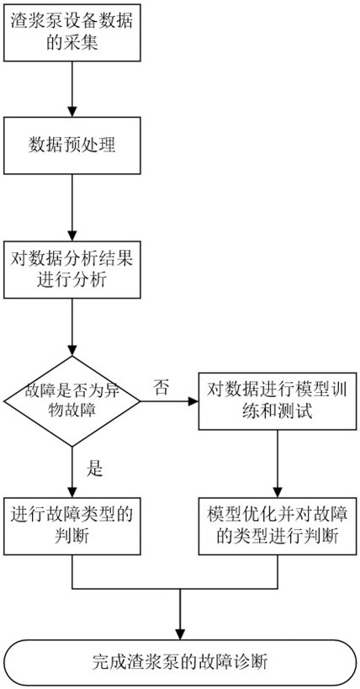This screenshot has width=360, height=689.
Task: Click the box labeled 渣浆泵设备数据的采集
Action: coord(72,32)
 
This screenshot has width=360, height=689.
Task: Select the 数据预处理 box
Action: coord(72,145)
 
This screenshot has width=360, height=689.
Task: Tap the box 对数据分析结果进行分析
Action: coord(72,269)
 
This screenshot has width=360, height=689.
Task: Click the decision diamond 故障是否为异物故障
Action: coord(71,401)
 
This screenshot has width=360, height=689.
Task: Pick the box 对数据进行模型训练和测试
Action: coord(278,401)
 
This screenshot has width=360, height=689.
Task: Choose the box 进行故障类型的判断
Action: coord(72,526)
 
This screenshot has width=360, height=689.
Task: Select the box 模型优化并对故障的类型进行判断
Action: coord(278,526)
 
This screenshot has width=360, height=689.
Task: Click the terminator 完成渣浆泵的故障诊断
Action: coord(180,663)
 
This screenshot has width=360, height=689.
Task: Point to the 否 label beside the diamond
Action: coord(161,388)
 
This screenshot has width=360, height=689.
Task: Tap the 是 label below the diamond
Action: coord(93,469)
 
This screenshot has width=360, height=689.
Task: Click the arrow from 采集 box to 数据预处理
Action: coord(72,89)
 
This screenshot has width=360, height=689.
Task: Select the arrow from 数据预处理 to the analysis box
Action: coord(72,208)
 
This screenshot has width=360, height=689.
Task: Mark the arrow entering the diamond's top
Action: coord(72,327)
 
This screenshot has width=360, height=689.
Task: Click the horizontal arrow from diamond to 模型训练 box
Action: coord(169,401)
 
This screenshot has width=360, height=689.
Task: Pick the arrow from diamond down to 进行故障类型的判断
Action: coord(72,472)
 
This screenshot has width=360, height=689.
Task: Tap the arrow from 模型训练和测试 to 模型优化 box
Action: coord(278,464)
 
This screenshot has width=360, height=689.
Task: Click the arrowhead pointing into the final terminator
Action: coord(180,634)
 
